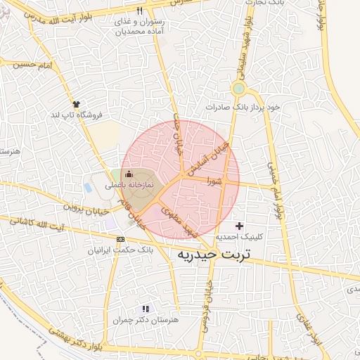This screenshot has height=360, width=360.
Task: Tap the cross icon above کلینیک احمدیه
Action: click(x=240, y=226)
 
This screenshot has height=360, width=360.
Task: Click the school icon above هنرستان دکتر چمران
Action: click(x=146, y=309)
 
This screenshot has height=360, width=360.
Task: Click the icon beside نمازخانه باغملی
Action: click(x=128, y=174)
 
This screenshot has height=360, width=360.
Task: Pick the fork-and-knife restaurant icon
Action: click(x=139, y=11)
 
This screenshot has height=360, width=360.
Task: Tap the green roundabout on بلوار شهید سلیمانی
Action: click(x=238, y=89)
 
